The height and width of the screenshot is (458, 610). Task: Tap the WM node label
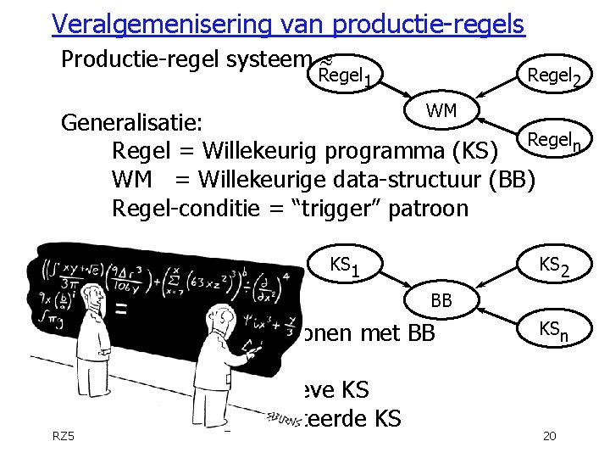pyautogui.click(x=441, y=110)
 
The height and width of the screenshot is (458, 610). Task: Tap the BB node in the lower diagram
pyautogui.click(x=441, y=300)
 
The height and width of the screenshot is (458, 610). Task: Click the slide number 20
pyautogui.click(x=548, y=436)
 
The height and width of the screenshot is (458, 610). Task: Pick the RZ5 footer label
pyautogui.click(x=64, y=436)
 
